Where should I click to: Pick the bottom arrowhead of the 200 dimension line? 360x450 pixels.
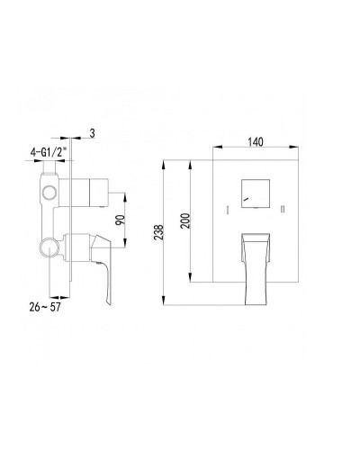pos(191,279)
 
